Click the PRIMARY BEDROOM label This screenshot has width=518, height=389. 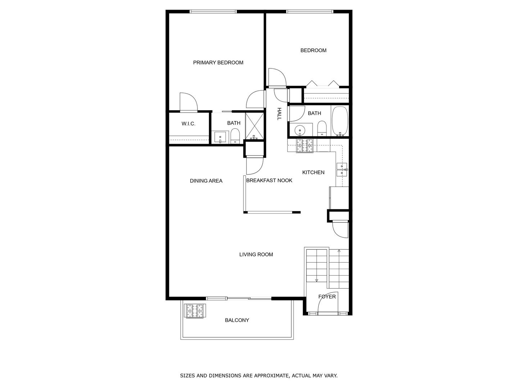[x=218, y=63]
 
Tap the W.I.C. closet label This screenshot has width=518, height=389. [x=188, y=124]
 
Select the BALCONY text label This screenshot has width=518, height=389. [x=237, y=320]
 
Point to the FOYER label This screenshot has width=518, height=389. [x=327, y=297]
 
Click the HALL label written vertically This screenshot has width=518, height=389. [x=279, y=113]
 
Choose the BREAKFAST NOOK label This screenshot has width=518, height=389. [x=269, y=180]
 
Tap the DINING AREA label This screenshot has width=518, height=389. [x=206, y=181]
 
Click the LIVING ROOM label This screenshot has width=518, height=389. [x=256, y=255]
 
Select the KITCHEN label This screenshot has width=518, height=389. [x=313, y=173]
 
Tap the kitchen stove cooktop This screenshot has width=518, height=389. [x=305, y=146]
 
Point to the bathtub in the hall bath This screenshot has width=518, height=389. [x=340, y=121]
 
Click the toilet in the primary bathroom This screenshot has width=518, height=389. [x=235, y=136]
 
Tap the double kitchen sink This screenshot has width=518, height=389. [x=342, y=169]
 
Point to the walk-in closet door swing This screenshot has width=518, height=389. [x=188, y=102]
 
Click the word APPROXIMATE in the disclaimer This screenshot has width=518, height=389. [x=265, y=376]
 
